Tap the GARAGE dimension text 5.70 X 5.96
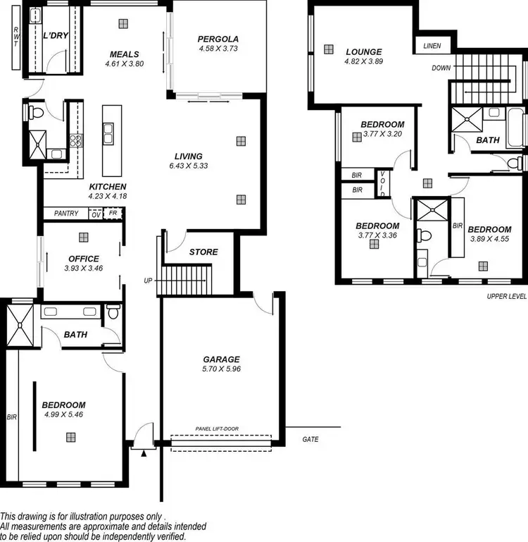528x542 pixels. tap(222, 369)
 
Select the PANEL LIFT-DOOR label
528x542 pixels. tap(220, 429)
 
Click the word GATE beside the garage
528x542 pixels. tap(310, 439)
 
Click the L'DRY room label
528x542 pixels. tap(54, 36)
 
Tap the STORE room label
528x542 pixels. tap(203, 252)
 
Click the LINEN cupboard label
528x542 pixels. tap(432, 46)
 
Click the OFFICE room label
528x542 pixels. tap(84, 259)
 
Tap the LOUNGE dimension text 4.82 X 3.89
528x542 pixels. tap(363, 61)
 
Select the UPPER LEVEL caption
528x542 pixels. tap(506, 297)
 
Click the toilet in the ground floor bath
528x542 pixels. tap(113, 314)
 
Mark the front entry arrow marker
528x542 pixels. tap(144, 454)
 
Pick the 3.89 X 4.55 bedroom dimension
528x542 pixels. tap(489, 239)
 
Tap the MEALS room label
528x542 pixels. tap(124, 54)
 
